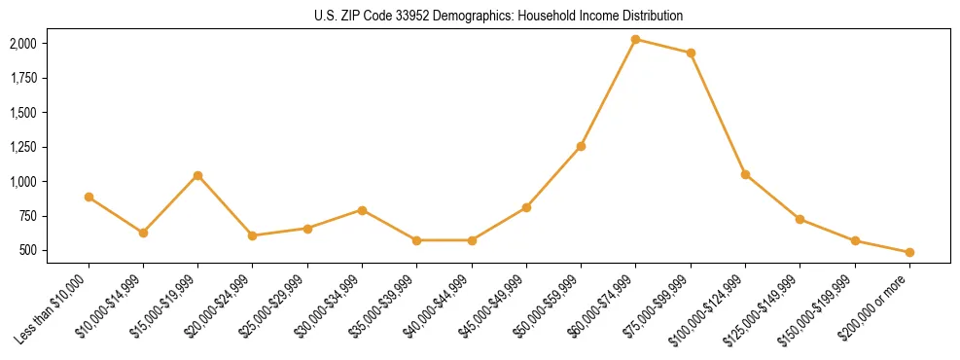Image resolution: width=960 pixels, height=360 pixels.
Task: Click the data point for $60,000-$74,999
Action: coord(635,40)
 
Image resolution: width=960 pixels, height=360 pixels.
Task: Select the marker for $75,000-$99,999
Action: coord(691,53)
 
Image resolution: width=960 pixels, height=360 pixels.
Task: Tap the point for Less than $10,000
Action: coord(89,197)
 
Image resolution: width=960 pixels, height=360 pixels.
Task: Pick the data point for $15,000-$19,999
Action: coord(197,175)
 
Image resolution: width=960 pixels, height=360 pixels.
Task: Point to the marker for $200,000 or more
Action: coord(909,252)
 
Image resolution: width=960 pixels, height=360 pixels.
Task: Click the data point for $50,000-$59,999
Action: coord(581,146)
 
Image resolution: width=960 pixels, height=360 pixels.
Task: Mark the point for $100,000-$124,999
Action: coord(745,174)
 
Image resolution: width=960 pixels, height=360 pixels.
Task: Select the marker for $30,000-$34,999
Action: coord(362,210)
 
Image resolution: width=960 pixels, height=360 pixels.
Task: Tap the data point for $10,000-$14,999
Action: coord(143,233)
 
